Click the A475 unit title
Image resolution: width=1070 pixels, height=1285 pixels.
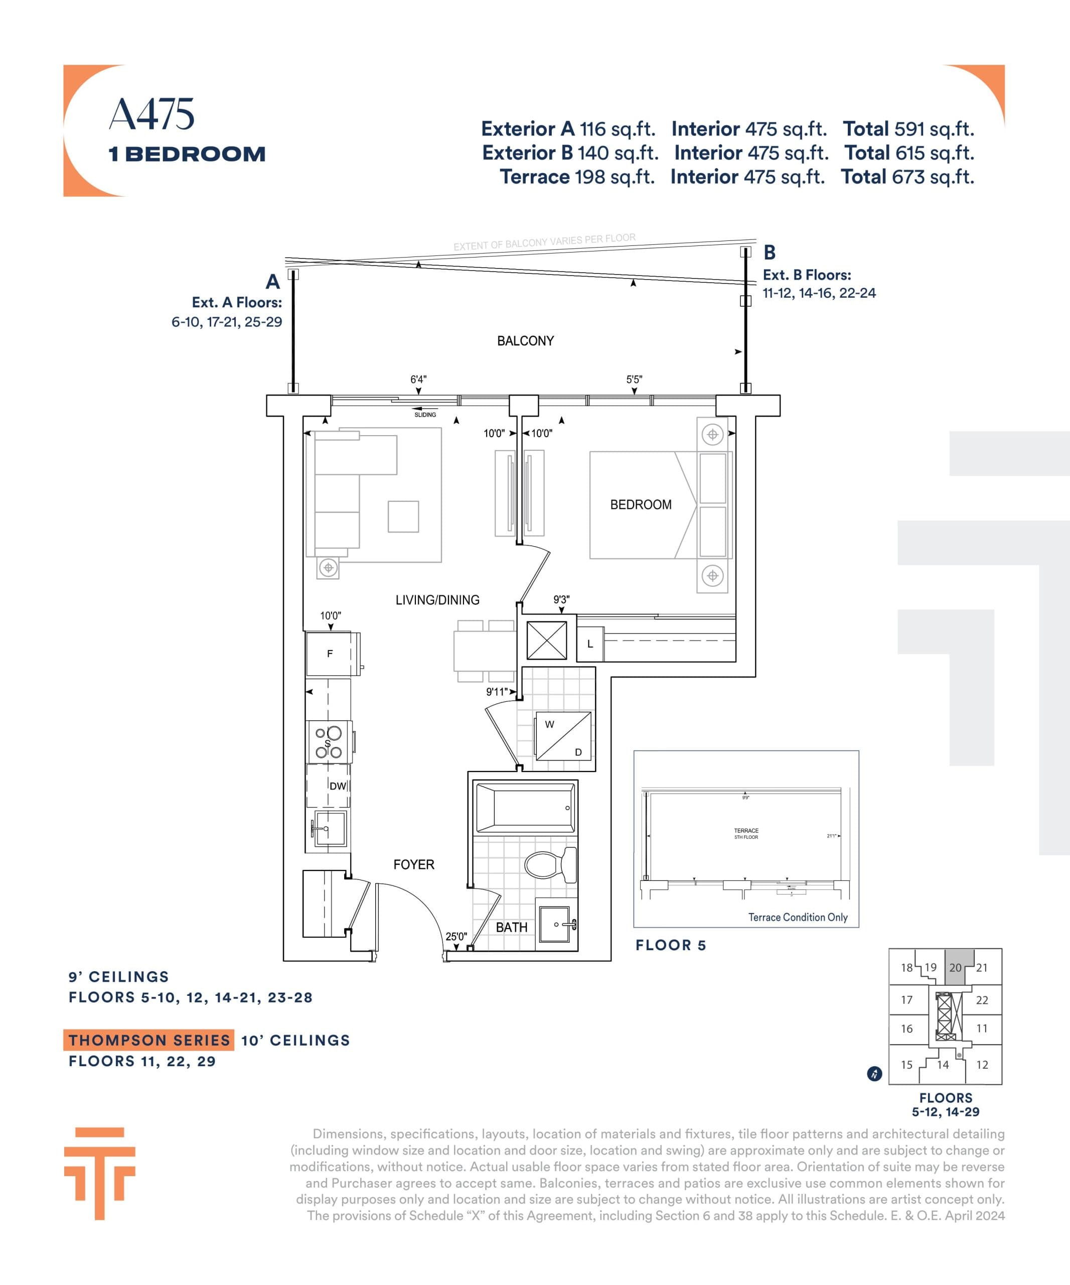pos(151,114)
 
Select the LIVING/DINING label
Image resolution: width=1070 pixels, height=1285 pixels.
pos(437,600)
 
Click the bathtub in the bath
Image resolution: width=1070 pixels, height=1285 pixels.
pos(525,808)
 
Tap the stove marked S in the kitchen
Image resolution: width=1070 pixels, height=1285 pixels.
pos(329,742)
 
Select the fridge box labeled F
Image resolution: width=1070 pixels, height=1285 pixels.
pos(330,654)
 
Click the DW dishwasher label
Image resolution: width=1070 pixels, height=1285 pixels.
pos(338,786)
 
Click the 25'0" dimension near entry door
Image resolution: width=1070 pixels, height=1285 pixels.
pos(456,936)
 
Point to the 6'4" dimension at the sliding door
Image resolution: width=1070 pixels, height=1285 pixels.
pos(418,379)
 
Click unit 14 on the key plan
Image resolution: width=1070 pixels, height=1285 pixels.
pos(943,1065)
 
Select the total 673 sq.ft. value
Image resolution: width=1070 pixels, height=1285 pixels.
pos(907,177)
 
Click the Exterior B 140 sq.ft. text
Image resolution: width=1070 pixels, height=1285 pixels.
pos(569,153)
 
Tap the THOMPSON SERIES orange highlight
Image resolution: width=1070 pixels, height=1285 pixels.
pos(148,1040)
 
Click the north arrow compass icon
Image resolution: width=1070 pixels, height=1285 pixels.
pos(874,1074)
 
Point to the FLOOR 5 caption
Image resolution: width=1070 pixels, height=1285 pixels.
pos(671,945)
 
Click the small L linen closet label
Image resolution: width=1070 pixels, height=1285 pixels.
pos(590,644)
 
